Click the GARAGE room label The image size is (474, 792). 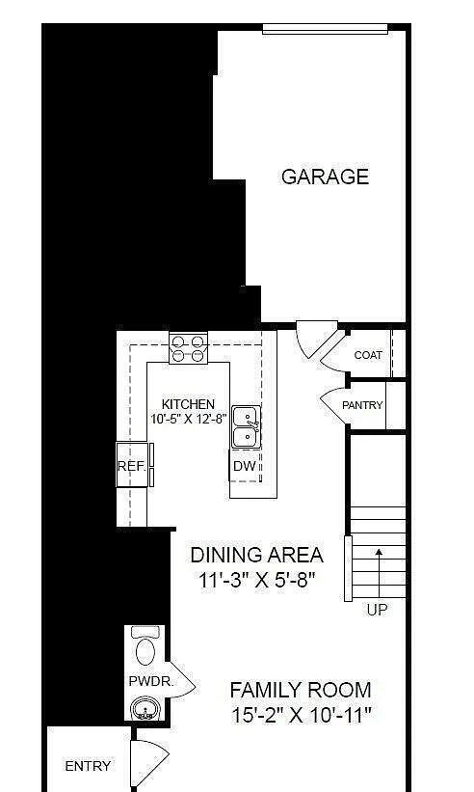(311, 177)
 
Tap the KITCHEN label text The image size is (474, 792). (188, 404)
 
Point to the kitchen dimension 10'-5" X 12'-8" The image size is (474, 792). (189, 419)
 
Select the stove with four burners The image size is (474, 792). (189, 347)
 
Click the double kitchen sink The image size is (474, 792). (246, 427)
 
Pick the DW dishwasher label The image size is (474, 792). (244, 466)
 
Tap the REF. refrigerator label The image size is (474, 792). (131, 466)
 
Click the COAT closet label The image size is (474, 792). (368, 355)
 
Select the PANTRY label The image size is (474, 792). (362, 405)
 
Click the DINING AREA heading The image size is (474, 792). (256, 555)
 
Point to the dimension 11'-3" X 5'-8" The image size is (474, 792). (256, 581)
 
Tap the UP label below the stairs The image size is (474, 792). (378, 610)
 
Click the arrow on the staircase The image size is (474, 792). (378, 569)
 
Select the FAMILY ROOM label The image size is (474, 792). (301, 690)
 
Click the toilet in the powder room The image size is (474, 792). (146, 646)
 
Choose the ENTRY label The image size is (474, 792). (88, 766)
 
